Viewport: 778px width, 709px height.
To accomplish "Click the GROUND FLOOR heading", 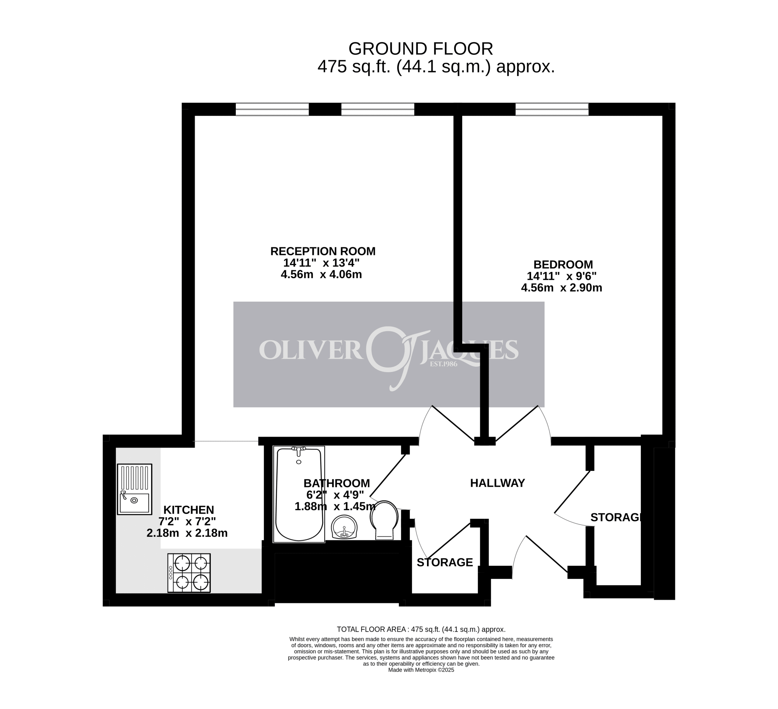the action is (x=421, y=49).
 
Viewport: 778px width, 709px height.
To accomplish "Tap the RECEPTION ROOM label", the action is (x=323, y=251).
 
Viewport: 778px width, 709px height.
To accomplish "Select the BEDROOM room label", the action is (x=563, y=265).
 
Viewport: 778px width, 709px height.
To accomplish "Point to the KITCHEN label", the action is (x=189, y=510).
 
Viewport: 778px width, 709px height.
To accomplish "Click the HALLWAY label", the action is (x=497, y=483).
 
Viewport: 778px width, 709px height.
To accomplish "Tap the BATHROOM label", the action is (x=336, y=483).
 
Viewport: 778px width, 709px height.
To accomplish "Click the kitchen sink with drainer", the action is (x=134, y=489).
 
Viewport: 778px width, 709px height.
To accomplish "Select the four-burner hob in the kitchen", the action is (x=189, y=573).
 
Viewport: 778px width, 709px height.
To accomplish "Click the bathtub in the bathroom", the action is (x=299, y=494).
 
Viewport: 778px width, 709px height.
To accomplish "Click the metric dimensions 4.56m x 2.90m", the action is (x=562, y=288).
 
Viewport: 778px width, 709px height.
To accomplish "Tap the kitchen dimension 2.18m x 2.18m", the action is (x=187, y=533).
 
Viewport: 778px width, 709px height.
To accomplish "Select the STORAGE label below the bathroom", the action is (x=445, y=562).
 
